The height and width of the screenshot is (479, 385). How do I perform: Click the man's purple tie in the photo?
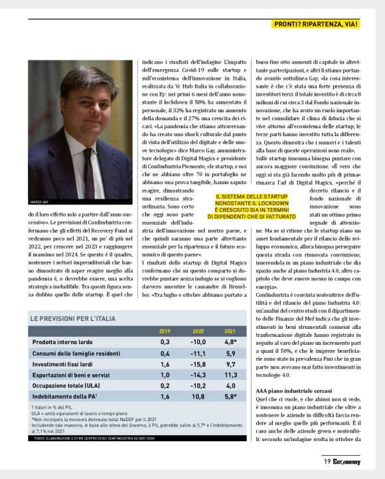(89, 172)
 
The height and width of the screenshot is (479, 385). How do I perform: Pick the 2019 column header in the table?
(165, 331)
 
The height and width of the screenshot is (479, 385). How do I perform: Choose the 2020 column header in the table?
(198, 331)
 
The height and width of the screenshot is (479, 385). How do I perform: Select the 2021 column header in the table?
(230, 331)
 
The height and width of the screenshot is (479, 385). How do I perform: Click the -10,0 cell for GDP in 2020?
(198, 341)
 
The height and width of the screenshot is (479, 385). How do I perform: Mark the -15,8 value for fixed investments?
(198, 365)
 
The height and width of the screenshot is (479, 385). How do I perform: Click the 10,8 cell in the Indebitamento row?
(198, 399)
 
